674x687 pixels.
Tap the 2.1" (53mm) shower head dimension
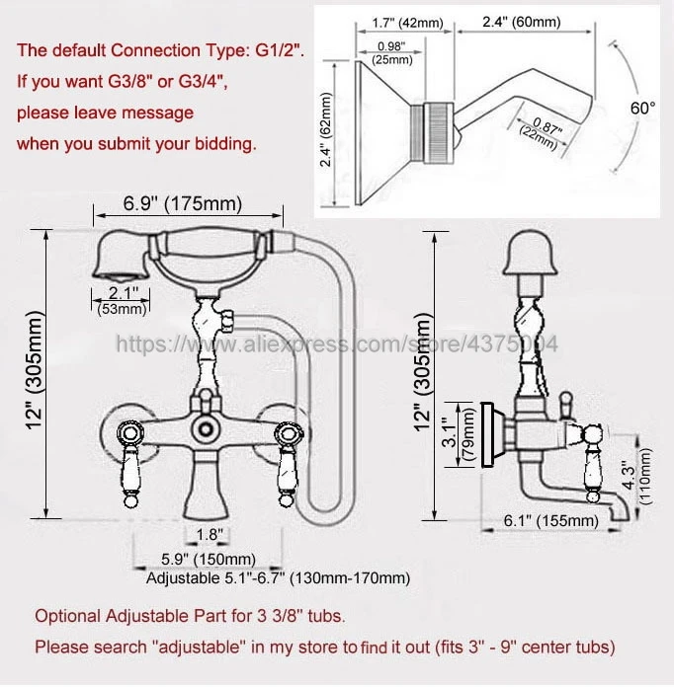(x=120, y=299)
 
